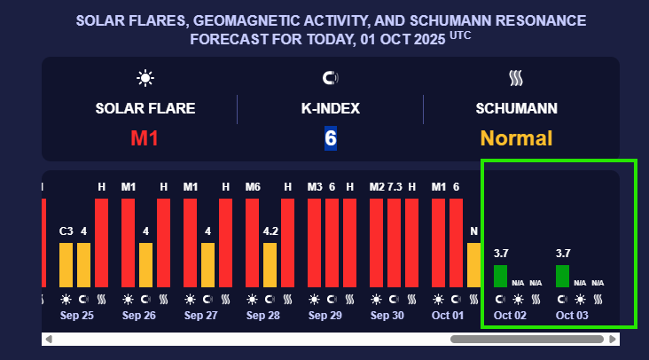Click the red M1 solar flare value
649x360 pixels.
point(145,138)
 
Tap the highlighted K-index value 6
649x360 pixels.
point(330,138)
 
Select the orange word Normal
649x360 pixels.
point(516,138)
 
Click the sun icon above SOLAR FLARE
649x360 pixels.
point(145,78)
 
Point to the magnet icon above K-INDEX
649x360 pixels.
point(330,78)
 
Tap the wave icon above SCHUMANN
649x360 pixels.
point(516,78)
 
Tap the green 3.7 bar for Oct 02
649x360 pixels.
point(501,276)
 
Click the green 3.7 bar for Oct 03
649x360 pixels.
point(563,276)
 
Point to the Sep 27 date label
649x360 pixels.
point(200,316)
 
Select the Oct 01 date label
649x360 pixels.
point(448,316)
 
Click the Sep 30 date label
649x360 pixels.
point(387,316)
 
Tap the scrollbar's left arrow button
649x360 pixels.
point(49,339)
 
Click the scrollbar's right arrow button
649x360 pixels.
point(612,339)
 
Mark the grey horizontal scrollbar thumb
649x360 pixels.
point(528,339)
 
